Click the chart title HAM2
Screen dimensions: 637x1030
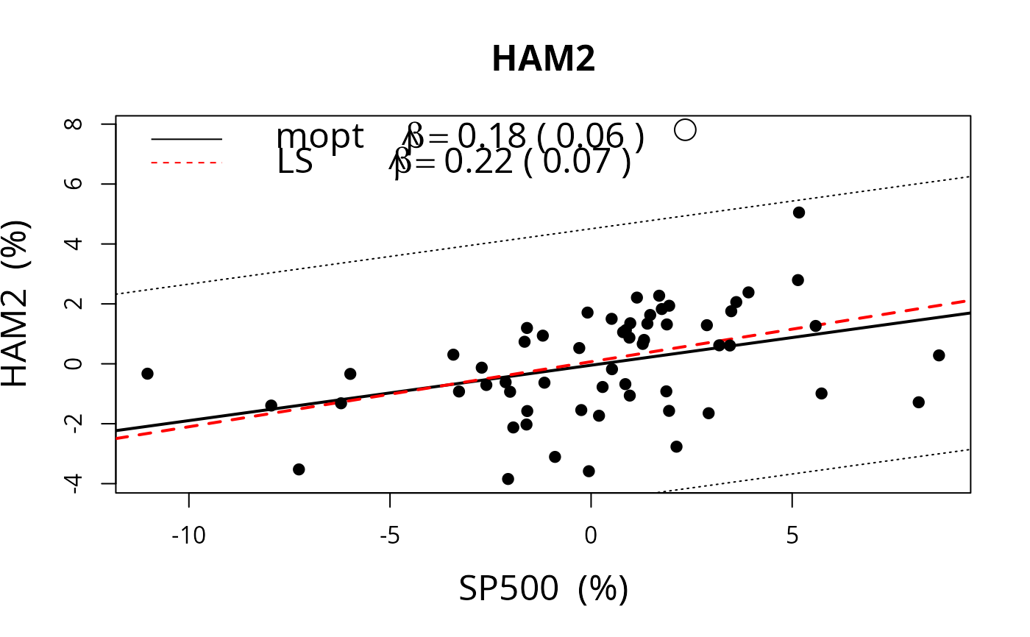pyautogui.click(x=543, y=60)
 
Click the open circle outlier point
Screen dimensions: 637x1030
pyautogui.click(x=685, y=129)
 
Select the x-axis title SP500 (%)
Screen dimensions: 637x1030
pyautogui.click(x=543, y=589)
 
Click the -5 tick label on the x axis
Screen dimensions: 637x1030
pyautogui.click(x=390, y=535)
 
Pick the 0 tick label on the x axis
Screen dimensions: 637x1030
pyautogui.click(x=591, y=535)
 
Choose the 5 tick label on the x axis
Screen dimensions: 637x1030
pyautogui.click(x=792, y=535)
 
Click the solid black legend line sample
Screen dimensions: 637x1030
pyautogui.click(x=186, y=138)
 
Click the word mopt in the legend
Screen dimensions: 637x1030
pyautogui.click(x=319, y=137)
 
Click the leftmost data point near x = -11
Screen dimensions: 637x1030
pyautogui.click(x=147, y=374)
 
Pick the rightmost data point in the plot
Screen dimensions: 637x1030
pyautogui.click(x=939, y=355)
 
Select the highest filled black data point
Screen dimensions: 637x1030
pyautogui.click(x=799, y=213)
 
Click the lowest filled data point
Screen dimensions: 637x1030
pyautogui.click(x=508, y=479)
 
